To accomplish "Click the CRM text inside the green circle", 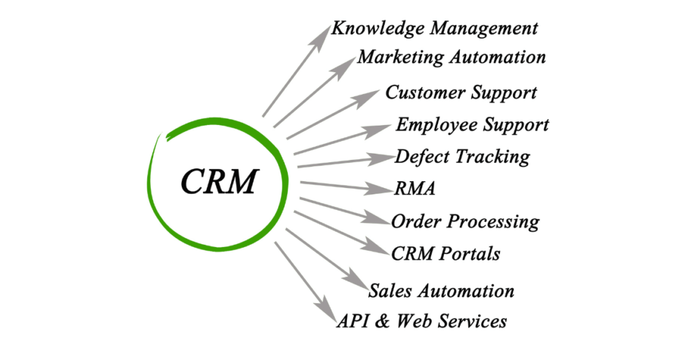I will (220, 181).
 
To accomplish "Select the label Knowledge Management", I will (435, 29).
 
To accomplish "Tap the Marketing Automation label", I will (451, 57).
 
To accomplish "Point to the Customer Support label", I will (461, 93).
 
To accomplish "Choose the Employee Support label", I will (472, 126).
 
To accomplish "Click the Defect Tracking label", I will (463, 156).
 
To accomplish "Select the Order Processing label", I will (465, 222).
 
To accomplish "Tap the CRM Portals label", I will (446, 253).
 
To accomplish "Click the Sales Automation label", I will (442, 291).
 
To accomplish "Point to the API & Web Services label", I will (422, 321).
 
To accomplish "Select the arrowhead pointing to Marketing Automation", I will (346, 64).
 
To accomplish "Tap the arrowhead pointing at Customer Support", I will (372, 98).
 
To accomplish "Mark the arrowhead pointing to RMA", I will (383, 189).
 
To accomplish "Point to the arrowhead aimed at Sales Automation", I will (357, 281).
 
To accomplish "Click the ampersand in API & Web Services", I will (383, 322).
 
